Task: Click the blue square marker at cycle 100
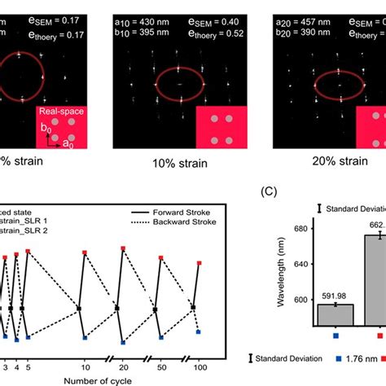click(x=199, y=331)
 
